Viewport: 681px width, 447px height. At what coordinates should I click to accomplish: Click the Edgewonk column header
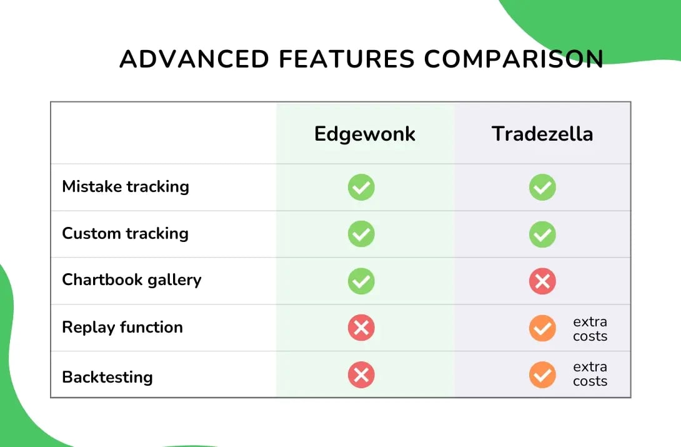(365, 134)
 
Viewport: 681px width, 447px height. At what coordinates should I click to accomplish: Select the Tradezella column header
(542, 134)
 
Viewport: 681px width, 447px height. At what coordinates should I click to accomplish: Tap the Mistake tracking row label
(126, 186)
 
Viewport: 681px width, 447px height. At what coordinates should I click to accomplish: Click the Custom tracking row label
(125, 233)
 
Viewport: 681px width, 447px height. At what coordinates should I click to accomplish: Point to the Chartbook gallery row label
(132, 279)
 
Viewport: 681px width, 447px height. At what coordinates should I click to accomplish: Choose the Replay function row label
(122, 327)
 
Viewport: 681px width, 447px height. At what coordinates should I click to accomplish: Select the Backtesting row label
(107, 377)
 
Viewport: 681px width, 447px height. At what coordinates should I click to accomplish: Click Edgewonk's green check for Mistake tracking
(361, 187)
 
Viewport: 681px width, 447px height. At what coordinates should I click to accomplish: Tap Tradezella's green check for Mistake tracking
(542, 187)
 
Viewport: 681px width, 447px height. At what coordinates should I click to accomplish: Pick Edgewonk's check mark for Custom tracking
(361, 234)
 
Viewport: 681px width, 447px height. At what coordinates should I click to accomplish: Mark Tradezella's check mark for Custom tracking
(542, 234)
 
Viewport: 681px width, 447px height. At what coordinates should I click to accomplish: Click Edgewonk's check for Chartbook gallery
(361, 281)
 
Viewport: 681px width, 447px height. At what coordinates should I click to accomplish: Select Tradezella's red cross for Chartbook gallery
(542, 281)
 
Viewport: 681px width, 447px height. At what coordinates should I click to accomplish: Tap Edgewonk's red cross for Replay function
(361, 328)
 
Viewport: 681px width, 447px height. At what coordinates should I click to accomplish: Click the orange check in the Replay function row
(542, 328)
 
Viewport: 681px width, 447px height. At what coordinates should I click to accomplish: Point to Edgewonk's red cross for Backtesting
(361, 374)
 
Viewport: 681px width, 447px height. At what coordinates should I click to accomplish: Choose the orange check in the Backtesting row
(542, 374)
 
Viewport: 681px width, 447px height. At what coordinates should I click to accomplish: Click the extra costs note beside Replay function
(590, 329)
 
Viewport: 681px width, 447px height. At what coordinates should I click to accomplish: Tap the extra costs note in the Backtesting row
(590, 374)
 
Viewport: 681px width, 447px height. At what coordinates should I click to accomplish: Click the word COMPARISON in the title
(514, 59)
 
